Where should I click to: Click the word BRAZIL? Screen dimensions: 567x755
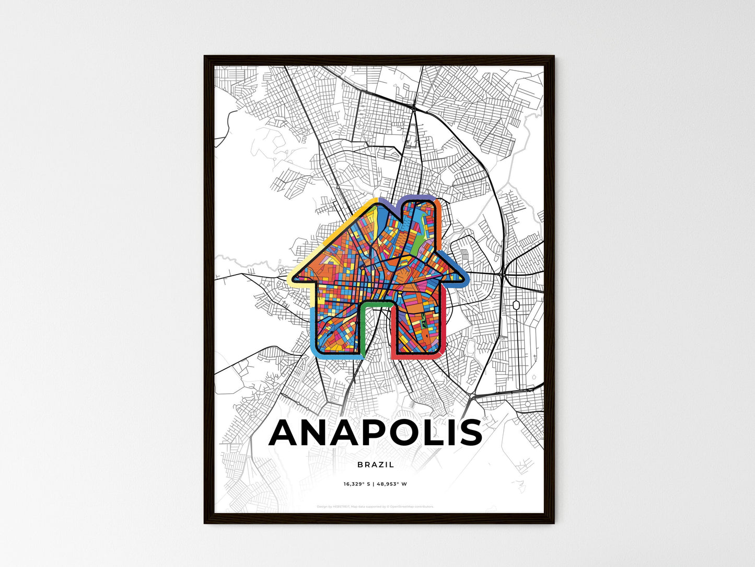click(x=376, y=464)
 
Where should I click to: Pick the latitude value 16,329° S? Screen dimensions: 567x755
click(x=357, y=484)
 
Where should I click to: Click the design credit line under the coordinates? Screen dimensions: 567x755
click(x=376, y=506)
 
